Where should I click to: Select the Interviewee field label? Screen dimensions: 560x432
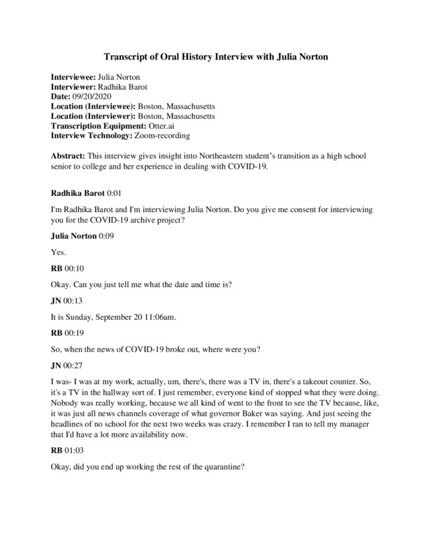tap(76, 76)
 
